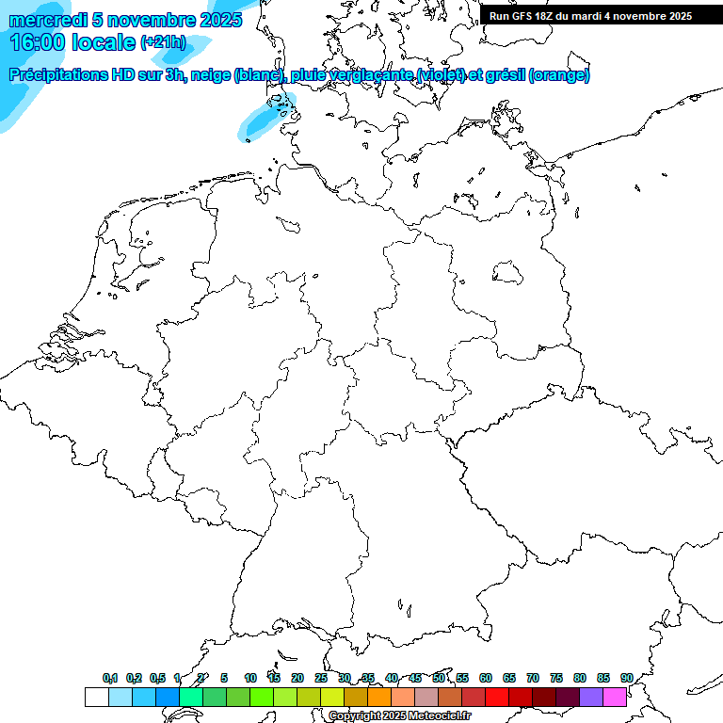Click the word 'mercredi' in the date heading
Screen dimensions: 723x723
click(x=45, y=20)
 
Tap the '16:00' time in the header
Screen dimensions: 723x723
click(x=38, y=42)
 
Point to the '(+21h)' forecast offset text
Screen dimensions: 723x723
click(x=164, y=42)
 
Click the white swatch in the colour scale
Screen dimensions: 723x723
click(x=96, y=697)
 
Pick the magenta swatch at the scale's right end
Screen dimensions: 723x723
click(x=615, y=697)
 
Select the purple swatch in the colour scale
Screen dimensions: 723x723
click(x=591, y=697)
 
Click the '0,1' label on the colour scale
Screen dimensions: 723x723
click(x=110, y=678)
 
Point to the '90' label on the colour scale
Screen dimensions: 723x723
click(x=627, y=678)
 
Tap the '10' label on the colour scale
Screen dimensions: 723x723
click(x=250, y=678)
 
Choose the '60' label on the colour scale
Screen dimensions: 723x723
click(x=486, y=678)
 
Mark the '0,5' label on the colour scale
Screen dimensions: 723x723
click(x=157, y=678)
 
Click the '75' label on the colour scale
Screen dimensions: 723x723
click(x=556, y=678)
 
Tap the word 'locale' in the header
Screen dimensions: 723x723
click(x=103, y=42)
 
